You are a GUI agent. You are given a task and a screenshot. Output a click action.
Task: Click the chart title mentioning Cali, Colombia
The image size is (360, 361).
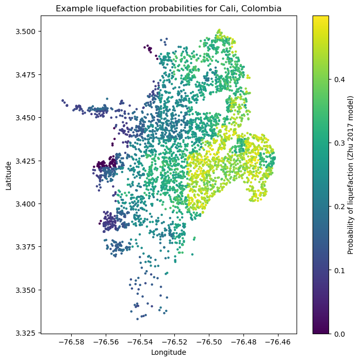[x=168, y=9]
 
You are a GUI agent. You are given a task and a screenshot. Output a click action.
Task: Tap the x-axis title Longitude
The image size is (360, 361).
[x=168, y=352]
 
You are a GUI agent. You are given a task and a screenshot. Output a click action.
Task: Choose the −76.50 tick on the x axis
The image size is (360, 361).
[x=209, y=341]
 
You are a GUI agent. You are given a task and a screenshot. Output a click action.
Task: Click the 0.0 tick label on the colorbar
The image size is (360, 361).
[x=337, y=334]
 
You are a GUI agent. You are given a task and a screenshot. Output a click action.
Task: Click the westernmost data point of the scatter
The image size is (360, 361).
[x=62, y=100]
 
